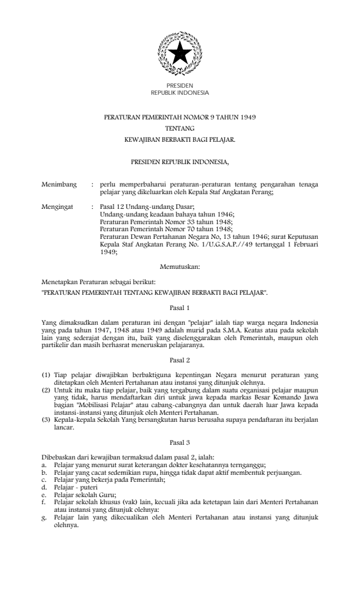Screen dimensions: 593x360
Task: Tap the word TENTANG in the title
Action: tap(179, 128)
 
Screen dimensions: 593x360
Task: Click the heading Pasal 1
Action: tap(179, 307)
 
